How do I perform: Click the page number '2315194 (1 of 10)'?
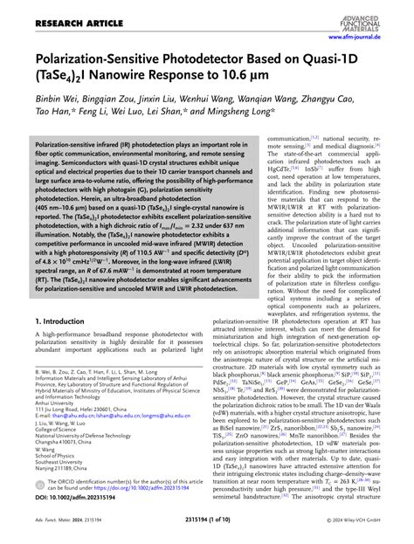tap(209, 534)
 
